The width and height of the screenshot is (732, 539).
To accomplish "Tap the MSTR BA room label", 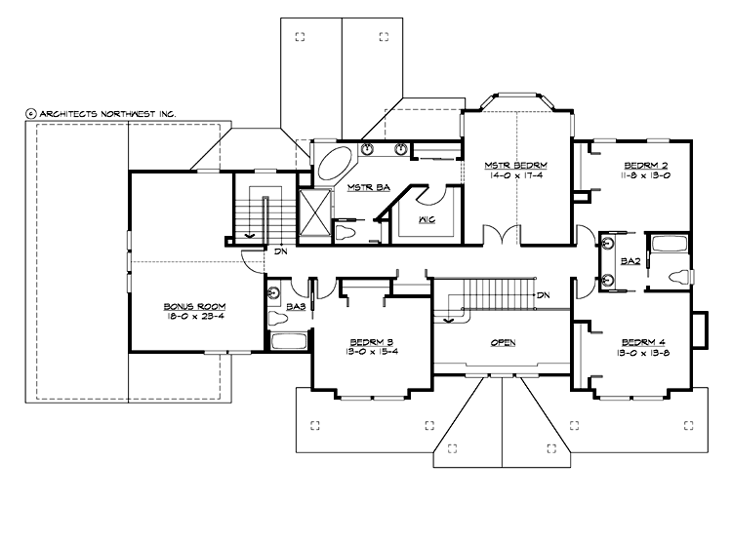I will coord(348,187).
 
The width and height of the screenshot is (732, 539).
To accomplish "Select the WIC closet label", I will coord(427,218).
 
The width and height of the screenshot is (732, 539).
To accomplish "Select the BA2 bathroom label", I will coord(630,260).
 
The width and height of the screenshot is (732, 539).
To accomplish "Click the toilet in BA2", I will coord(678,277).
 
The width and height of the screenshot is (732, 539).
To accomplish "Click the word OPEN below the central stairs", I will coord(503,343).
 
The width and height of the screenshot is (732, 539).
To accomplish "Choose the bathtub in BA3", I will coord(289,341).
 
